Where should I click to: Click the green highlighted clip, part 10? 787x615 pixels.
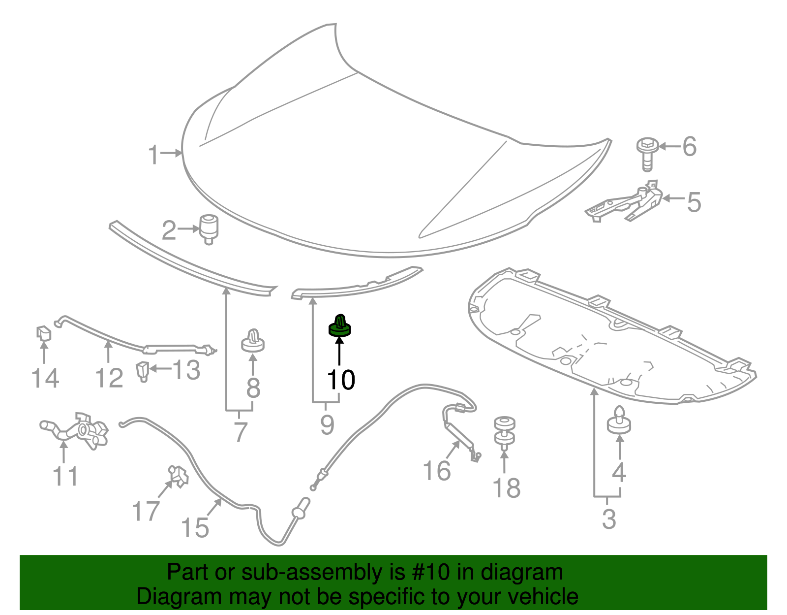click(x=339, y=326)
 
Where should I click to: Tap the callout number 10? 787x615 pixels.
click(x=341, y=380)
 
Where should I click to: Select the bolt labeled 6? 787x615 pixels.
click(x=647, y=154)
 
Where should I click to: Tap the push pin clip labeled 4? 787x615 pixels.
click(x=619, y=420)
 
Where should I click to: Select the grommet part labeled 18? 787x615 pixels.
click(x=505, y=433)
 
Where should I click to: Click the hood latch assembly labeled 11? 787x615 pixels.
click(x=76, y=430)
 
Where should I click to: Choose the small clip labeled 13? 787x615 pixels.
click(x=143, y=371)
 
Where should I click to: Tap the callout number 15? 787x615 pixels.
click(x=195, y=528)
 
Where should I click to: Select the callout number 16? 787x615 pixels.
click(x=437, y=471)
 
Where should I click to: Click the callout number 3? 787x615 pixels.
click(x=609, y=519)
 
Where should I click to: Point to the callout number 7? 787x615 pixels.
click(x=240, y=432)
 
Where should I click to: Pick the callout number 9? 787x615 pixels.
click(x=327, y=425)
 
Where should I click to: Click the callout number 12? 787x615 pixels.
click(x=109, y=378)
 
